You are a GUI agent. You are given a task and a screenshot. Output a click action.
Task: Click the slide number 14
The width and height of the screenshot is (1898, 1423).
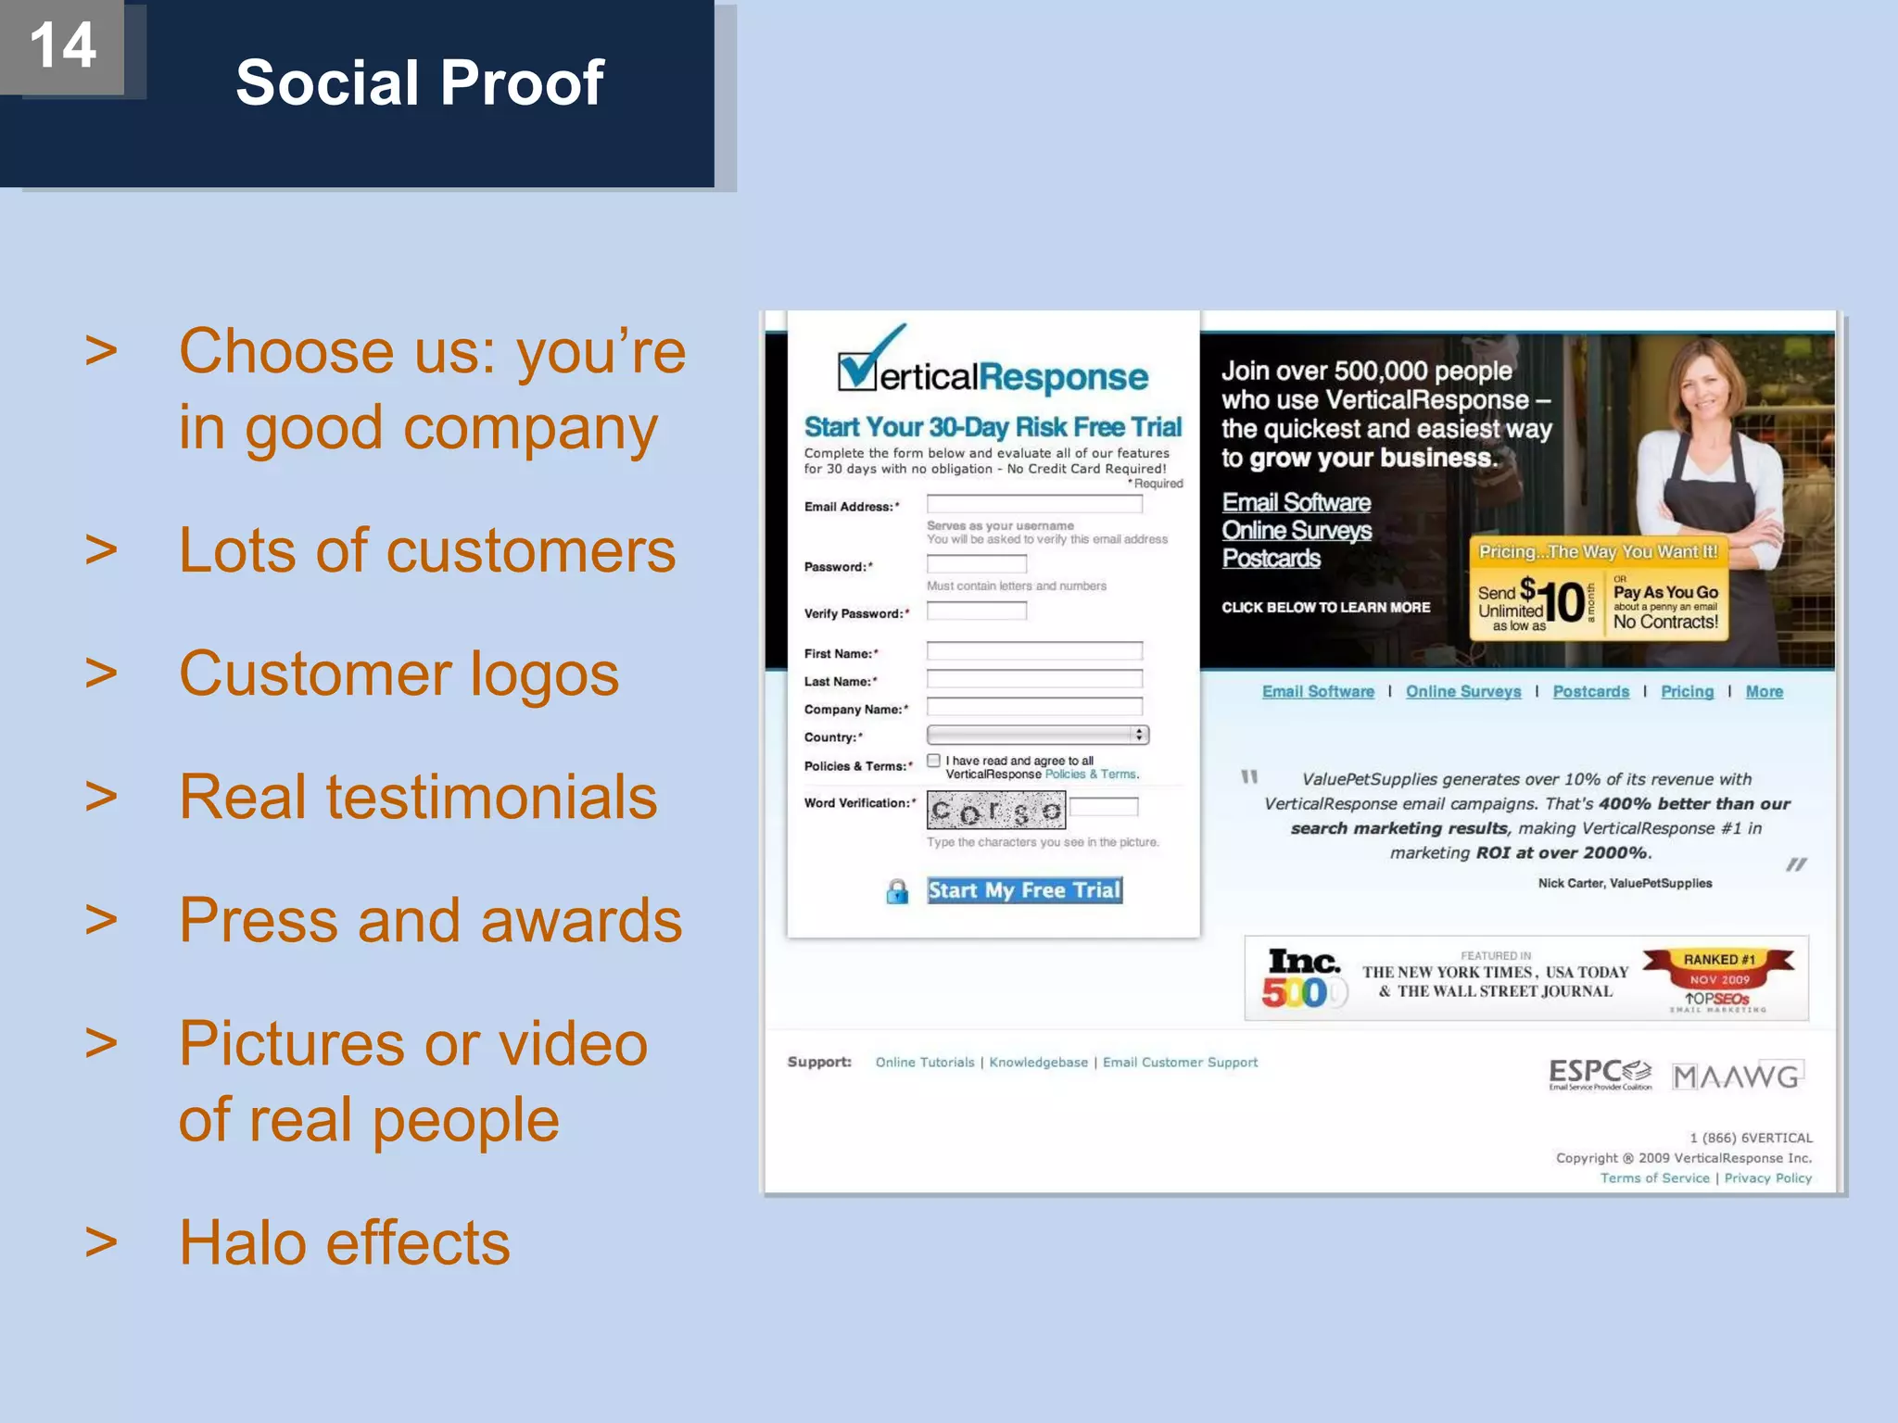[x=62, y=45]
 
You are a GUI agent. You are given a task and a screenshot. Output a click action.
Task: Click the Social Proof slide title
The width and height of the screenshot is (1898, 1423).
[x=419, y=82]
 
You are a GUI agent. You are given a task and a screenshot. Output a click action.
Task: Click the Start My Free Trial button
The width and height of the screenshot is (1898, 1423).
[x=1024, y=890]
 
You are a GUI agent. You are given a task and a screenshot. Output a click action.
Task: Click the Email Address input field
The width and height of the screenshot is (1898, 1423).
[x=1034, y=505]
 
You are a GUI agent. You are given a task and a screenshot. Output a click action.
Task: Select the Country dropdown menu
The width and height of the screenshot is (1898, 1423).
[x=1038, y=735]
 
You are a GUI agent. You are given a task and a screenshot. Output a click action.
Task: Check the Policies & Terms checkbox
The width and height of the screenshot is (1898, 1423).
[x=934, y=761]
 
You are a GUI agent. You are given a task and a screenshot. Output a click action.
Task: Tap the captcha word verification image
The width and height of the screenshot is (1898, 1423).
[x=996, y=811]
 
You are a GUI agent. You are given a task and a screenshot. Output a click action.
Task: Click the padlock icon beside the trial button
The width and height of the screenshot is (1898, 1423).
[x=897, y=891]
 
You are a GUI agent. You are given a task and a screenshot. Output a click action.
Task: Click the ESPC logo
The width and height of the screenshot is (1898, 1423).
[x=1600, y=1075]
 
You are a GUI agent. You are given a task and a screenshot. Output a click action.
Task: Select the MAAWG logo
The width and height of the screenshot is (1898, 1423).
[x=1737, y=1077]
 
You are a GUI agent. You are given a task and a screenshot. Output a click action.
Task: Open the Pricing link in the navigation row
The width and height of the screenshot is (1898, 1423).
[x=1687, y=691]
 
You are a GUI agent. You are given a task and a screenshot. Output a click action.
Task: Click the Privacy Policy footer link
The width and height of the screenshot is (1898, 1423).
[x=1767, y=1178]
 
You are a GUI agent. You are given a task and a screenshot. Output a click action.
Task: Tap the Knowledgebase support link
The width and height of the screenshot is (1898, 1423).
[x=1038, y=1063]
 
